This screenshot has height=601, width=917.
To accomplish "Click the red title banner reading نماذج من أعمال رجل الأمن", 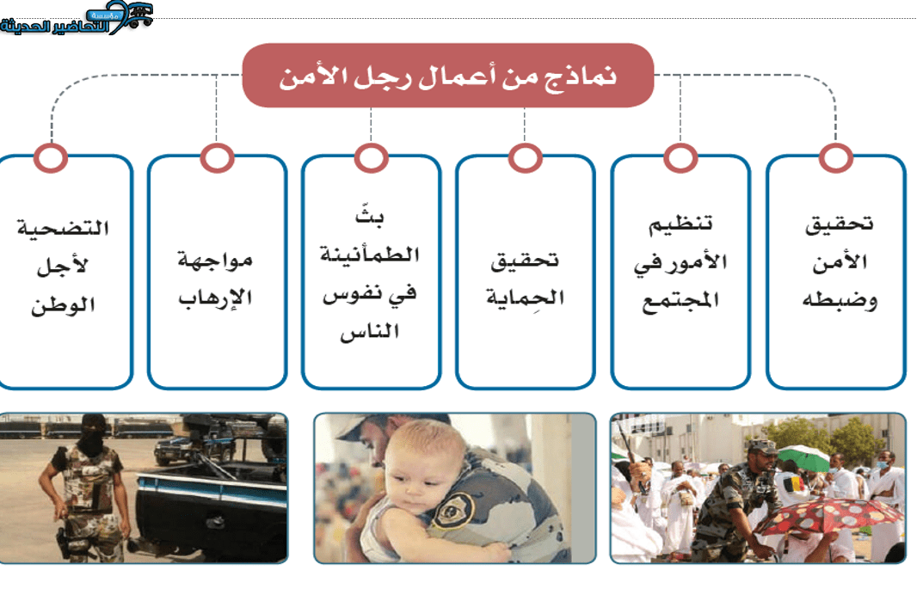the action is click(x=448, y=76).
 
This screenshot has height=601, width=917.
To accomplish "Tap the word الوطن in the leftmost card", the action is click(x=63, y=305).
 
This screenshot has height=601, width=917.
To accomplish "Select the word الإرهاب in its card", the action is click(x=216, y=297).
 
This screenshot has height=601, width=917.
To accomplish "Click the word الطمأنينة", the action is click(x=370, y=255).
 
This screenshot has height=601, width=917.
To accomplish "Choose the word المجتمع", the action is click(x=680, y=302).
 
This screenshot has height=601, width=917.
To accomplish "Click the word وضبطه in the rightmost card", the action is click(x=840, y=301).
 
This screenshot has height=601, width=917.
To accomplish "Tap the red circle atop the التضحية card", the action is click(x=51, y=158).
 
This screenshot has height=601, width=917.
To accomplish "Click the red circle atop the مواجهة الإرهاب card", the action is click(x=217, y=158).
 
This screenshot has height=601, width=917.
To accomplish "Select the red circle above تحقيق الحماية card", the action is click(x=526, y=158).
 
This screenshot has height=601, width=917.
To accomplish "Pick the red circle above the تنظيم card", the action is click(x=680, y=158).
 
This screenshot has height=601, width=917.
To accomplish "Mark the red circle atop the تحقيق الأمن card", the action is click(x=836, y=158).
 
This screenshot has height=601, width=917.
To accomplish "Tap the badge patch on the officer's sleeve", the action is click(x=452, y=510).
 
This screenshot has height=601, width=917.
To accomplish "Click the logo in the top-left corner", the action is click(x=77, y=17).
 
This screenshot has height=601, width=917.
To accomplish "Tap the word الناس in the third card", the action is click(x=370, y=332).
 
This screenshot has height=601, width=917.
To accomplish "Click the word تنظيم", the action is click(x=680, y=224).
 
